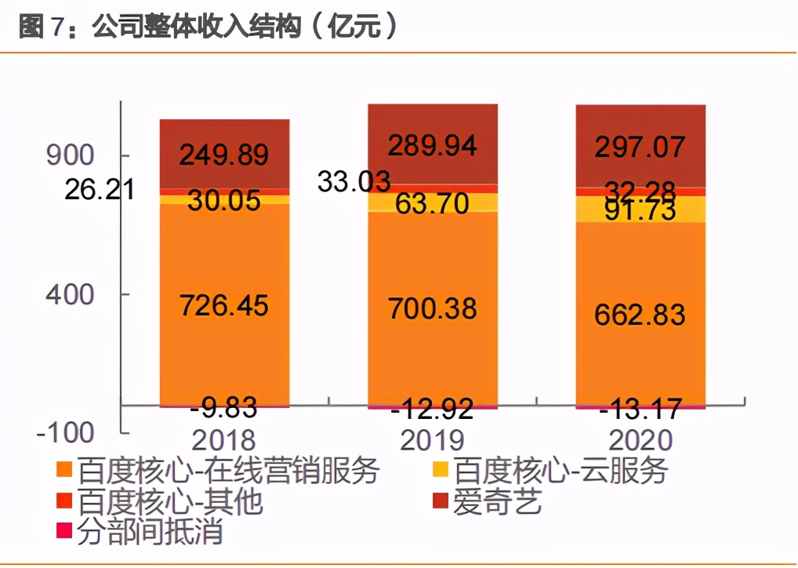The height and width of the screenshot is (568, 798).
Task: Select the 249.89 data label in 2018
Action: (x=224, y=155)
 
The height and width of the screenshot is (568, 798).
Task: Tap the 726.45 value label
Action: (x=224, y=305)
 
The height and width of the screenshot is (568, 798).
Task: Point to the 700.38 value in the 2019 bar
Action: (x=433, y=308)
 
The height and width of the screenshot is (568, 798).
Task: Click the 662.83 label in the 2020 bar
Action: (x=640, y=314)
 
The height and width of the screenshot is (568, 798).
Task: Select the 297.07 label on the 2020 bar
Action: (x=640, y=147)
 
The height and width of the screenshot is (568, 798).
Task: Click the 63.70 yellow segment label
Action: (x=433, y=204)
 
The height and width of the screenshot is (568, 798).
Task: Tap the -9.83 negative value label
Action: (x=224, y=408)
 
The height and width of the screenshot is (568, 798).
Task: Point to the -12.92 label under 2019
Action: (x=433, y=410)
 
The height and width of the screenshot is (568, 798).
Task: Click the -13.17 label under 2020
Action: (x=640, y=410)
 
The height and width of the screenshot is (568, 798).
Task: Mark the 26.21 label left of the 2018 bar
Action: (x=100, y=189)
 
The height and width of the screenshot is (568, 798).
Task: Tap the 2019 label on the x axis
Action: (x=433, y=439)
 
